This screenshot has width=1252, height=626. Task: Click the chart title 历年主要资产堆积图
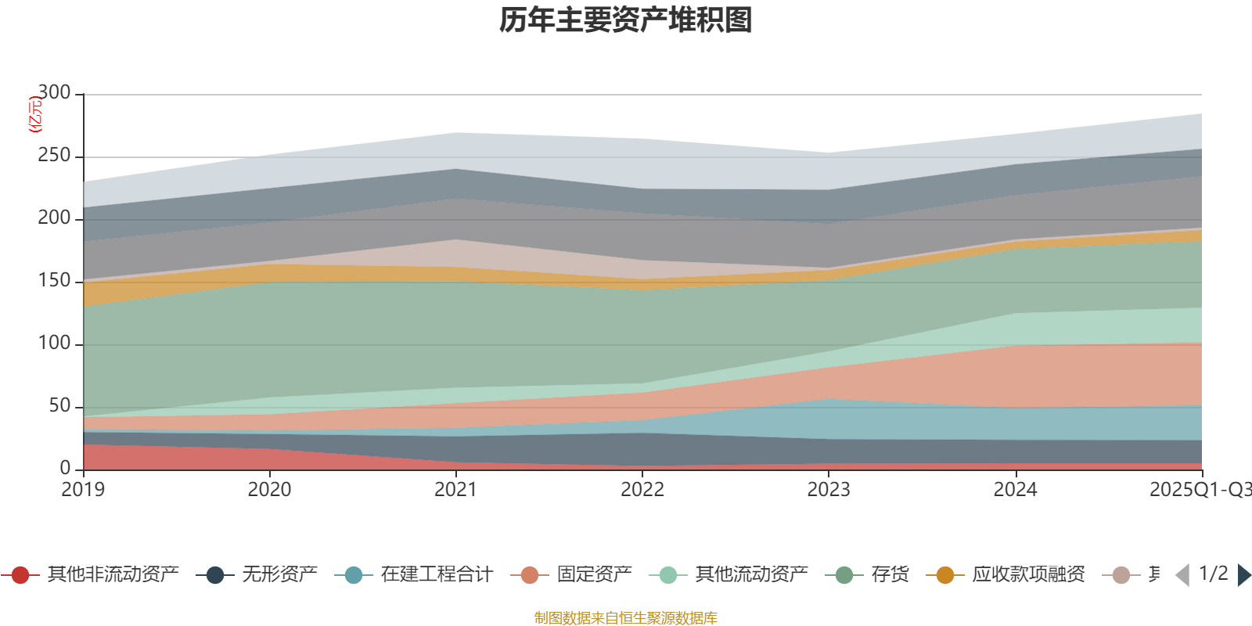pos(626,20)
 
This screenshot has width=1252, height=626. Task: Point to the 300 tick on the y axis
pos(54,93)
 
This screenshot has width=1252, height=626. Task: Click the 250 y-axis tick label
pos(54,156)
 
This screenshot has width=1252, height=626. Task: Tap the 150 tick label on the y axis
pos(54,281)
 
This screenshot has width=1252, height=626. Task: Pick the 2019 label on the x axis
pos(83,490)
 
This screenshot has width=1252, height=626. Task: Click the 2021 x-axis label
pos(455,490)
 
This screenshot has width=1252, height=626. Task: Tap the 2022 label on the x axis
pos(642,490)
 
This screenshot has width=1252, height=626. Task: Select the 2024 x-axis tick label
pos(1015,490)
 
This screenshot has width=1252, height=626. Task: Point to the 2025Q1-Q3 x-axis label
pos(1199,490)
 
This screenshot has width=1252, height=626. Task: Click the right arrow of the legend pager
pos(1243,575)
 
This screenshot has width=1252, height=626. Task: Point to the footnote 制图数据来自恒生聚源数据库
pos(626,618)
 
